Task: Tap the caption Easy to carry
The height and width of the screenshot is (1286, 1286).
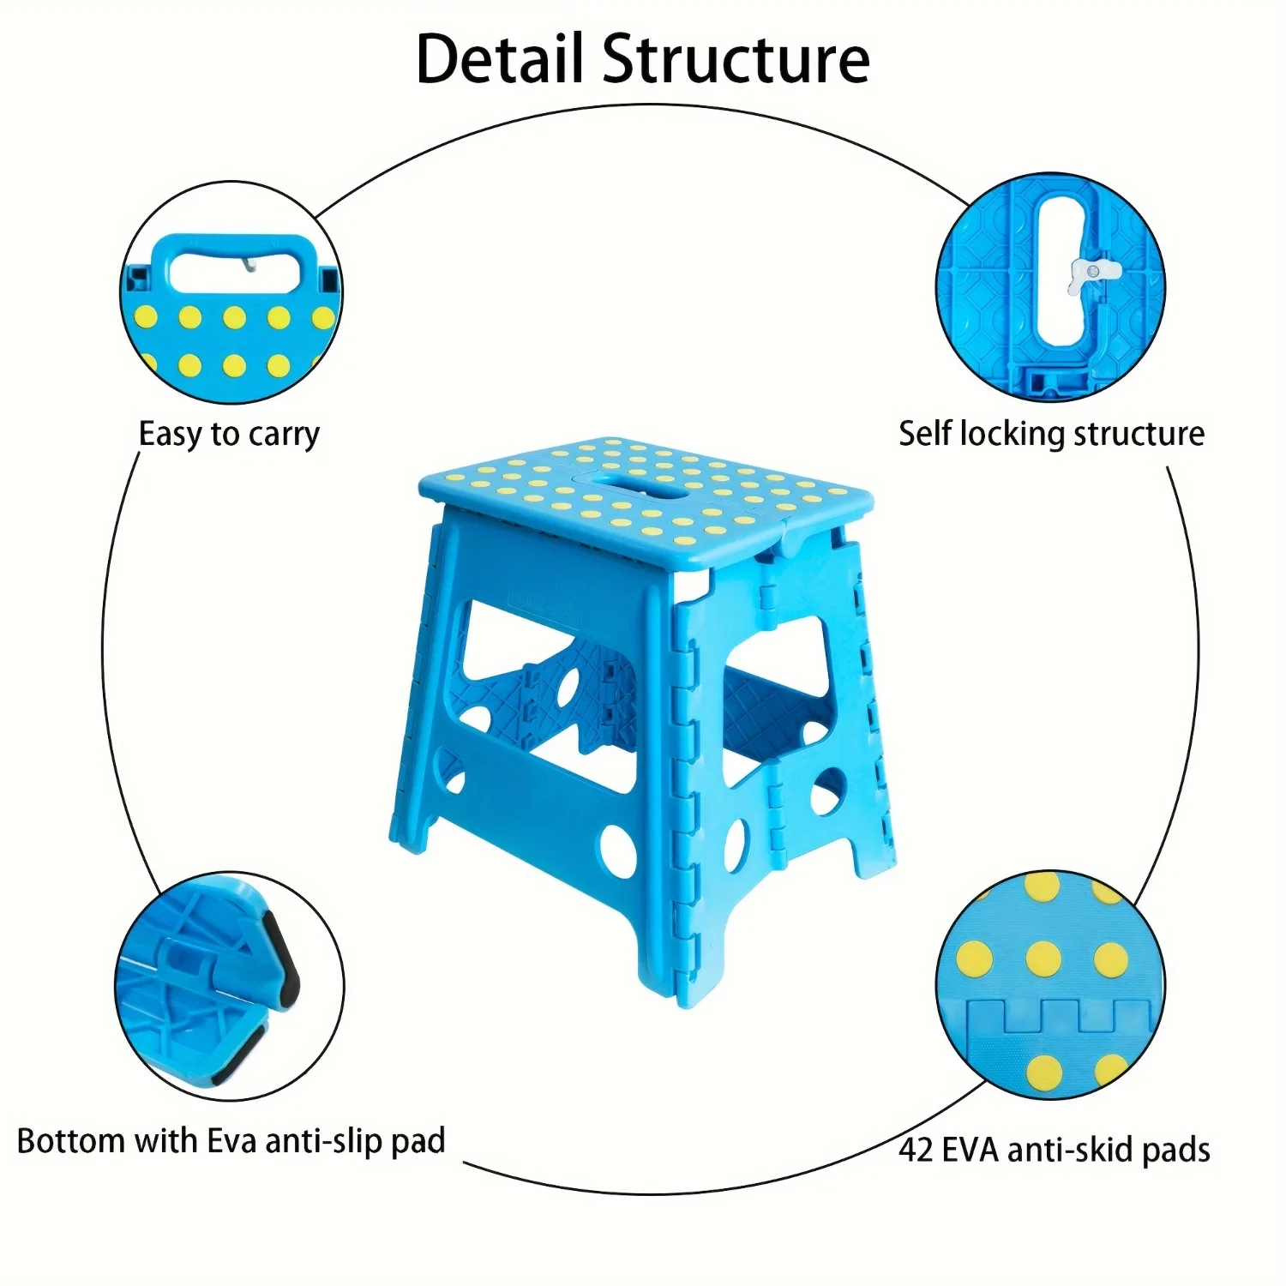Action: pyautogui.click(x=229, y=435)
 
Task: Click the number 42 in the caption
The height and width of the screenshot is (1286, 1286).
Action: pyautogui.click(x=916, y=1150)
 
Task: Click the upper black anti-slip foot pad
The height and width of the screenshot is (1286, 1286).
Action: pyautogui.click(x=282, y=958)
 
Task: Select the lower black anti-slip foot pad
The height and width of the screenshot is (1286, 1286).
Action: pyautogui.click(x=237, y=1054)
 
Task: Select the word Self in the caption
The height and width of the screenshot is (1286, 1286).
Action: pyautogui.click(x=924, y=434)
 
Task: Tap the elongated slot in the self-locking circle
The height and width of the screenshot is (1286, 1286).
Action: pyautogui.click(x=1060, y=273)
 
